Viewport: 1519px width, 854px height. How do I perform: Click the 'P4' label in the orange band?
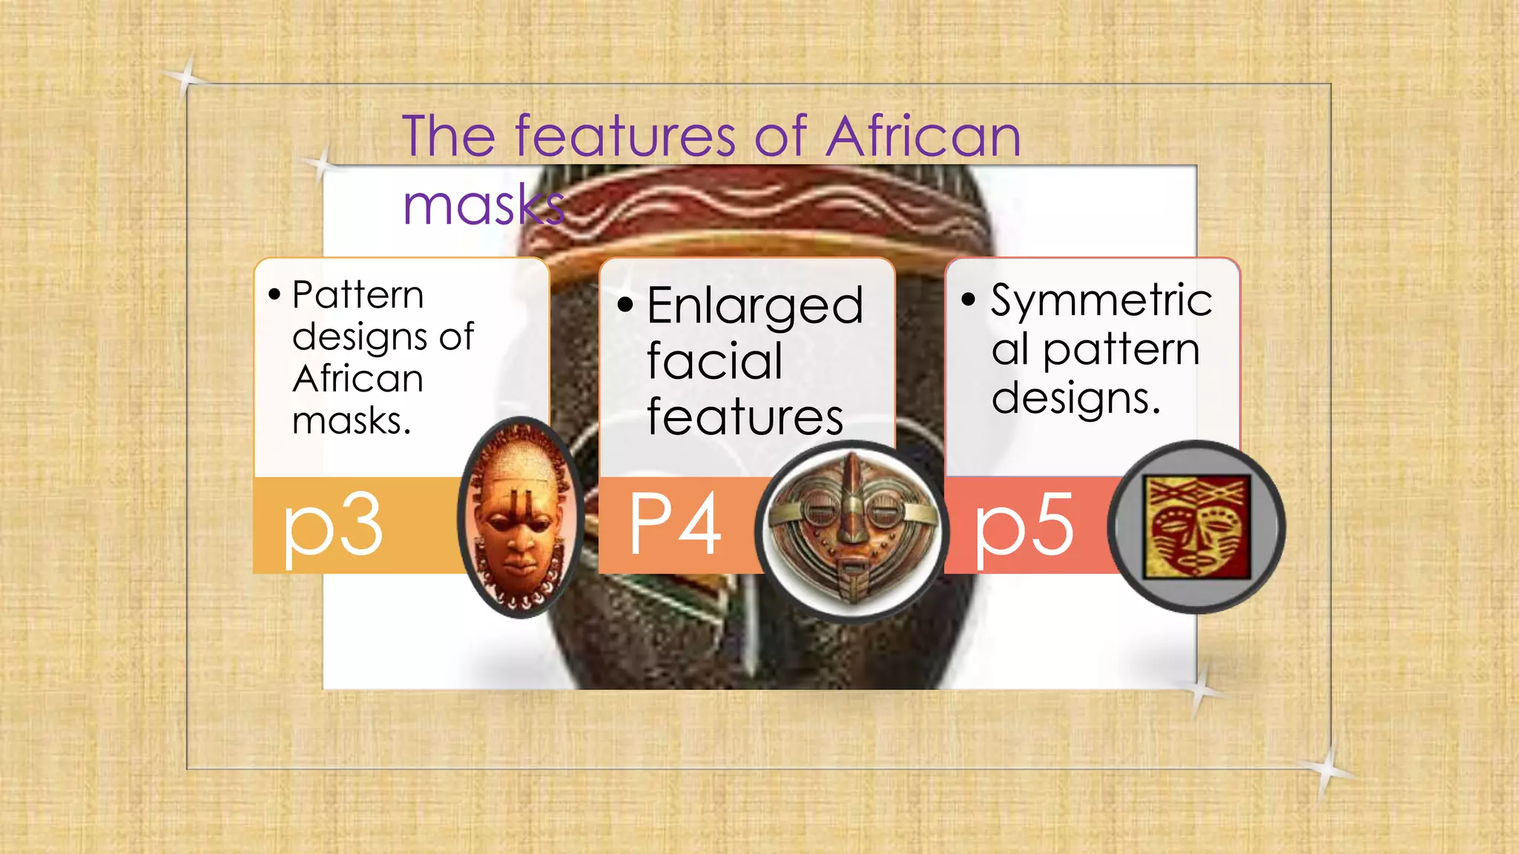(x=675, y=525)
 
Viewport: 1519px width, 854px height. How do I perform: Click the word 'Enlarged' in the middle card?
(x=755, y=305)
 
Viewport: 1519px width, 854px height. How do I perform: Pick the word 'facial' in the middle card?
(x=714, y=361)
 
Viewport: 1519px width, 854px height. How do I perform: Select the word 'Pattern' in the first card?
(x=357, y=295)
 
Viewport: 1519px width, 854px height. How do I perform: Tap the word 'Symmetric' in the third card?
(x=1101, y=300)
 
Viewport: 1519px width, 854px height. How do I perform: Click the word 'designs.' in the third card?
(x=1075, y=399)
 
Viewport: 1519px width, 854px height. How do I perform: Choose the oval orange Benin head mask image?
(x=519, y=517)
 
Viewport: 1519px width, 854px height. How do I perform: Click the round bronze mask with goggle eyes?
(x=851, y=530)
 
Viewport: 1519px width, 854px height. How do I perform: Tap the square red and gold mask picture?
(x=1196, y=527)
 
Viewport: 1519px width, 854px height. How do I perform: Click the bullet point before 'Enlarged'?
(x=625, y=304)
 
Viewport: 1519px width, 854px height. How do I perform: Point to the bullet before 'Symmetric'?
(x=969, y=299)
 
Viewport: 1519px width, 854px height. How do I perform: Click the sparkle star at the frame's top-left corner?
(x=186, y=76)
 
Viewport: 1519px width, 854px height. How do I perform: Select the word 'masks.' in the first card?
(x=351, y=421)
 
